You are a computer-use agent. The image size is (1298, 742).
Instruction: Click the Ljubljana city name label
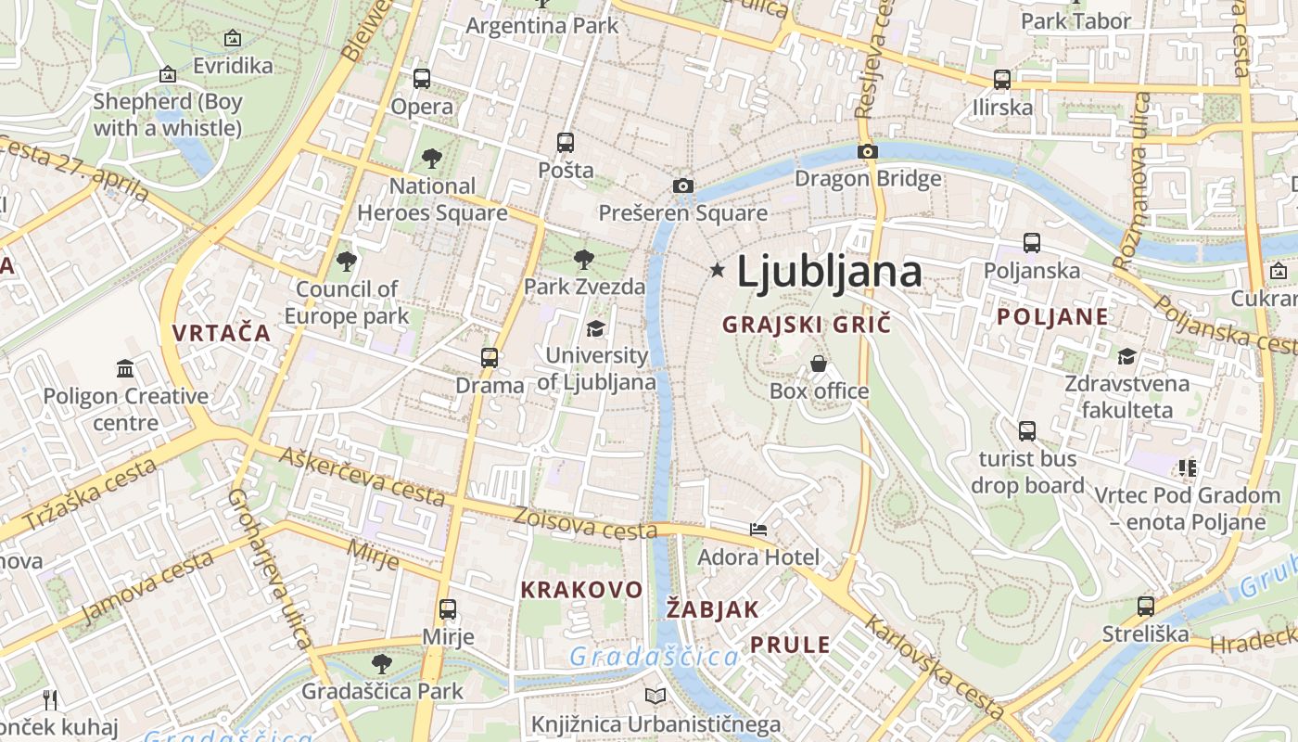click(x=829, y=272)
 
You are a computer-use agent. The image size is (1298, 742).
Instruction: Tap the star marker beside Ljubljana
click(x=717, y=270)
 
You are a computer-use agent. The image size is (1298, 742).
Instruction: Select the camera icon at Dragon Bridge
click(x=868, y=151)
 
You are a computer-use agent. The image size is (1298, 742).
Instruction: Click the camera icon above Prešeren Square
click(x=683, y=185)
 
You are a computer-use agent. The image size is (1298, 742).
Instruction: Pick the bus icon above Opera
click(x=422, y=79)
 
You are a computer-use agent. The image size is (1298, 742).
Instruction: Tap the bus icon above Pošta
click(x=566, y=143)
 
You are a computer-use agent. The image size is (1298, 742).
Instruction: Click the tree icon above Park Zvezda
click(x=583, y=260)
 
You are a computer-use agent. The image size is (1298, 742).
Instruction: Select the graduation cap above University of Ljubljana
click(x=595, y=328)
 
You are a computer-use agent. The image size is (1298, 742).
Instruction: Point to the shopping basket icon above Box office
click(x=819, y=364)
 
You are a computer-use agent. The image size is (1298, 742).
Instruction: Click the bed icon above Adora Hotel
click(x=758, y=530)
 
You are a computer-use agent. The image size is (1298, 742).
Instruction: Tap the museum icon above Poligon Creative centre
click(x=125, y=369)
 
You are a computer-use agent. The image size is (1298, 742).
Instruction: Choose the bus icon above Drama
click(x=489, y=357)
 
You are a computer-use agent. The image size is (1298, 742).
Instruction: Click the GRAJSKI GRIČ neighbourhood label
click(x=806, y=325)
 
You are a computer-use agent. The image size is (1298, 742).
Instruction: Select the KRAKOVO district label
click(x=581, y=590)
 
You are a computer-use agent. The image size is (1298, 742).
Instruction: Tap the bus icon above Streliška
click(x=1146, y=607)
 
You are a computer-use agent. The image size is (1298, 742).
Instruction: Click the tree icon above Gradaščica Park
click(x=381, y=663)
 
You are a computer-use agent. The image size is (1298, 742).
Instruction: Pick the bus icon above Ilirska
click(x=1002, y=80)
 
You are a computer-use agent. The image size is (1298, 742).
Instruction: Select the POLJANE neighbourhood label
click(x=1052, y=316)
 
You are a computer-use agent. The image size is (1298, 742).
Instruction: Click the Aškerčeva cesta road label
click(x=363, y=477)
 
